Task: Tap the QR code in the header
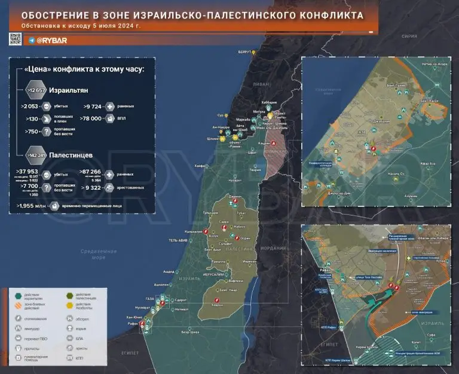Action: click(x=16, y=39)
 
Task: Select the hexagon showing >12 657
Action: click(x=36, y=90)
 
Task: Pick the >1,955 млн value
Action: click(x=32, y=205)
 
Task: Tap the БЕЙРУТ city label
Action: click(x=244, y=53)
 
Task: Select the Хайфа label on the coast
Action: click(x=200, y=165)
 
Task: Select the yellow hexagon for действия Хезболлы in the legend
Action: click(x=70, y=296)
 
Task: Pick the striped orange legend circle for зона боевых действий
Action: click(x=18, y=307)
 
